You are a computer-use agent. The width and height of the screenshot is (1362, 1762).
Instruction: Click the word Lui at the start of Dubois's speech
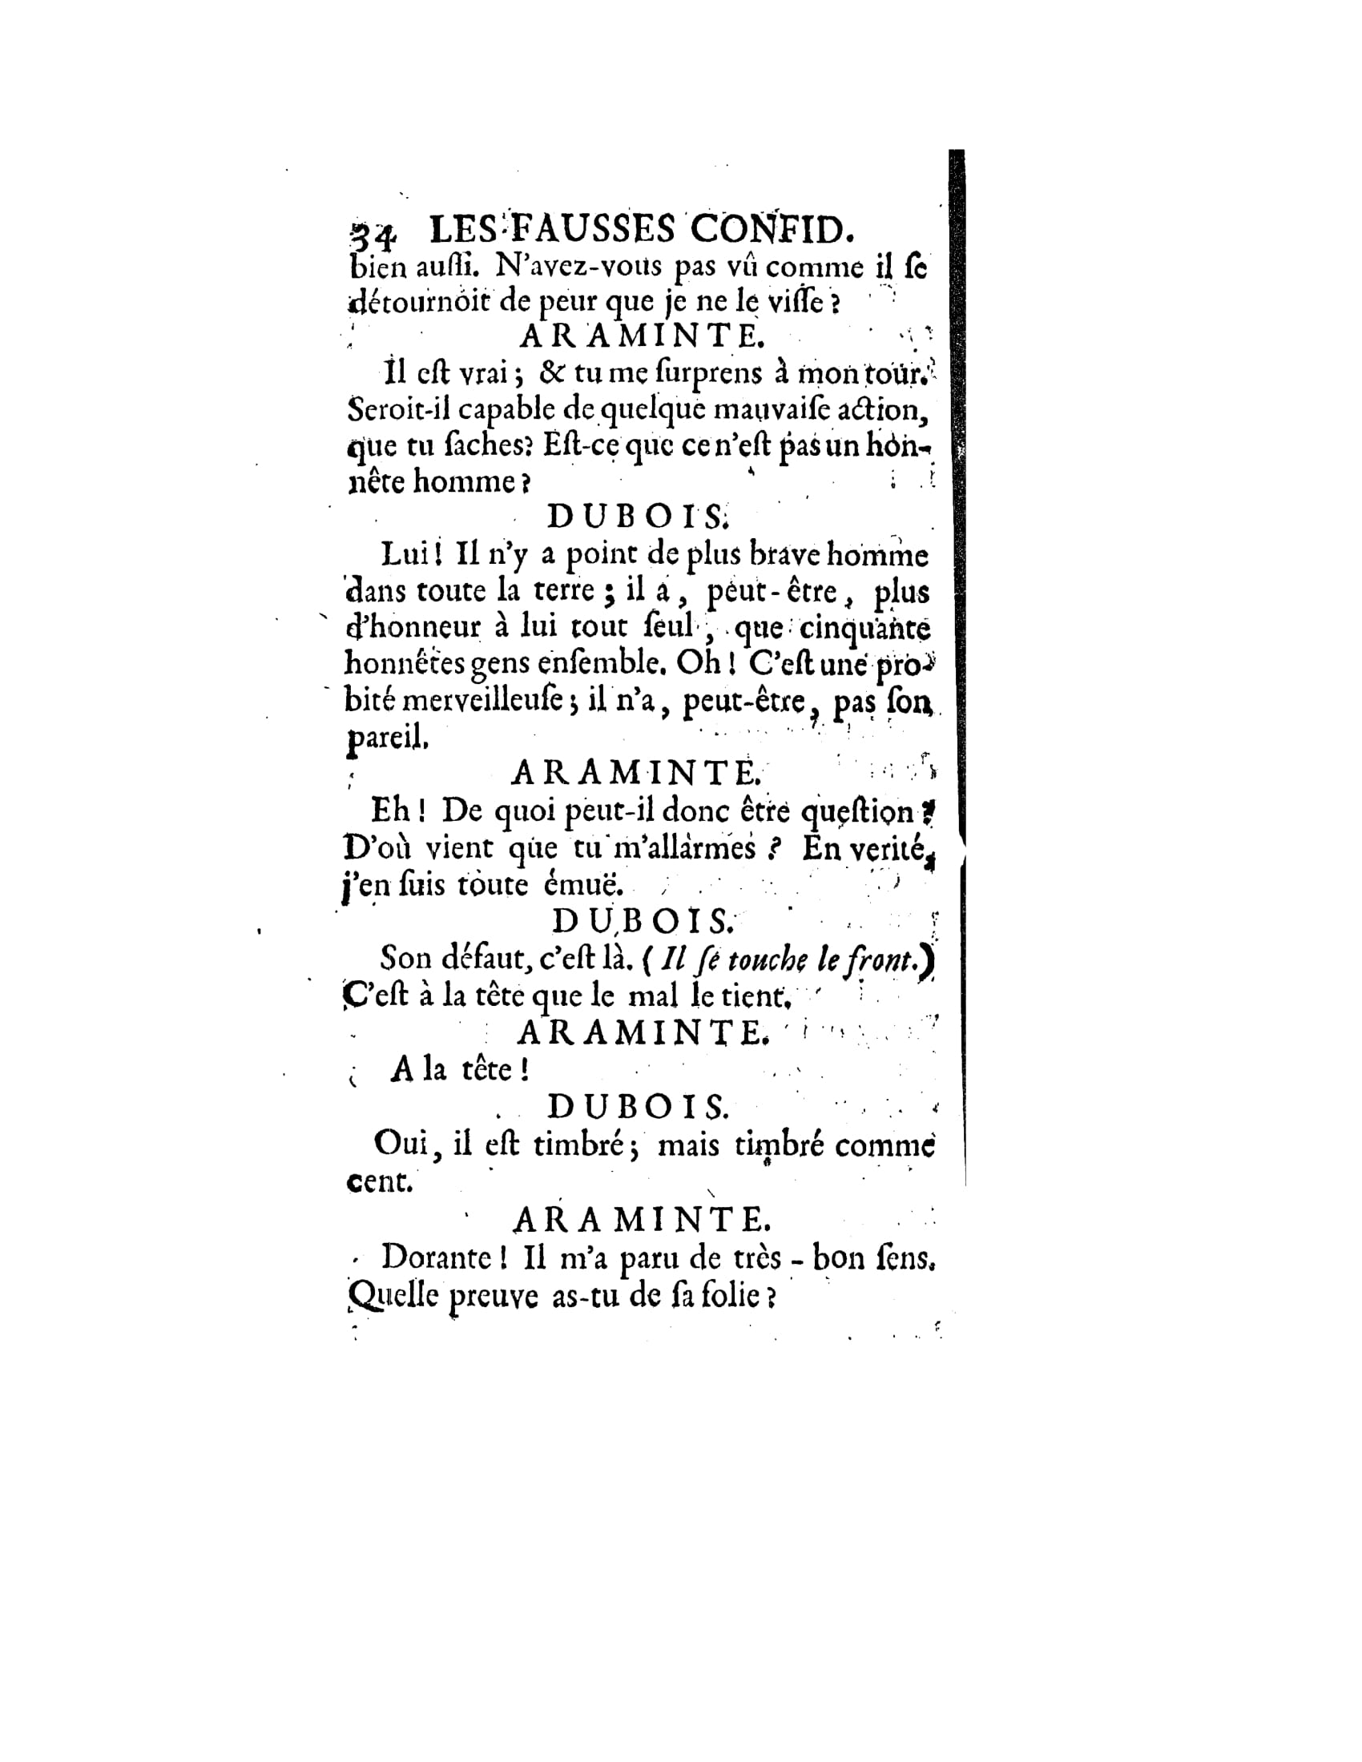405,554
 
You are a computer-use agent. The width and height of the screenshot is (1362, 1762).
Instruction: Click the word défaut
482,959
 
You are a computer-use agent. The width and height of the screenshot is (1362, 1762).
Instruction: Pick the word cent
378,1183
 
